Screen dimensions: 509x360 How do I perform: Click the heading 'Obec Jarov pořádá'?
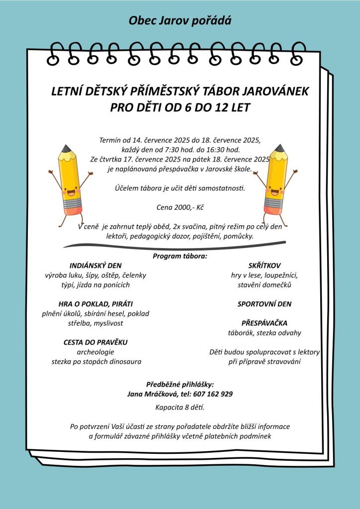pos(180,20)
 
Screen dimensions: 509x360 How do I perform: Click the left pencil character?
pos(70,181)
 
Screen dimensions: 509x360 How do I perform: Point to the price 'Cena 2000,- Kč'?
pos(180,206)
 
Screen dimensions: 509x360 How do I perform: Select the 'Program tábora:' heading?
pos(180,256)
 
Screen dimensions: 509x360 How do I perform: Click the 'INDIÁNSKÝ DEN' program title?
pos(96,265)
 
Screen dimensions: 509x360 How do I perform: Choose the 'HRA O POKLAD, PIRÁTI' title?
pos(95,304)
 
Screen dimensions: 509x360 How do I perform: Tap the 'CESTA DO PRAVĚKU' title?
pos(95,342)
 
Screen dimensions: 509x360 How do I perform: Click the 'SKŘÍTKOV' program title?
pos(264,265)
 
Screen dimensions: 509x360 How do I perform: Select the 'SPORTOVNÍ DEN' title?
pos(264,304)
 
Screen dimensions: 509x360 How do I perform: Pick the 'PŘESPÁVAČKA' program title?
pos(264,323)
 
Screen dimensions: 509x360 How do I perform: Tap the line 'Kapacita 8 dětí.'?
pos(180,408)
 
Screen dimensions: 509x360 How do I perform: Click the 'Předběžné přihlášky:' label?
pos(180,384)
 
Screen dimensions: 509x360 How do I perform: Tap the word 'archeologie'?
pos(95,352)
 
